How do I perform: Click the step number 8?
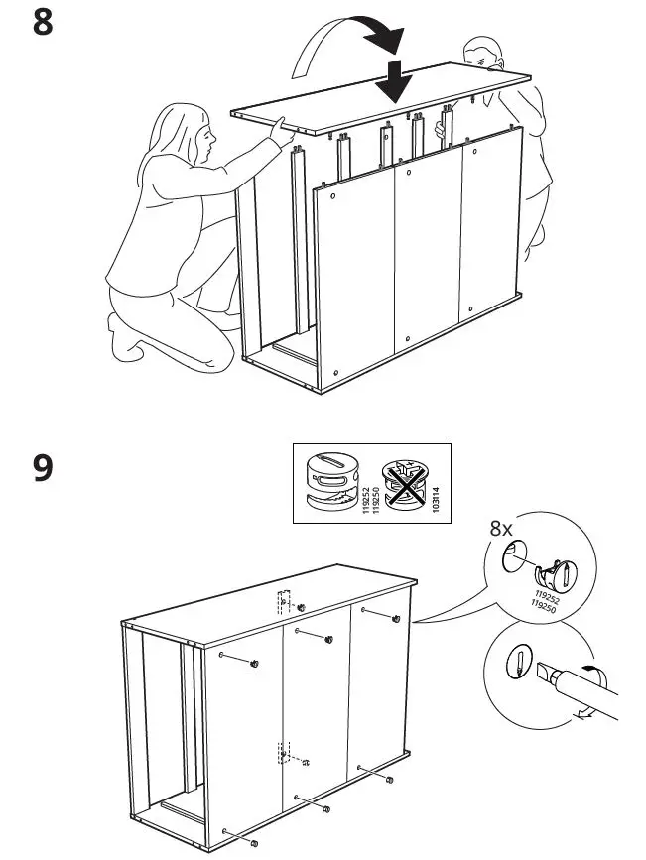coord(43,22)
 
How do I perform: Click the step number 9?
coord(43,467)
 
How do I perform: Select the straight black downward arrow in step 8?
coord(395,80)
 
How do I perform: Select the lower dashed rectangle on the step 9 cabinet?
coord(286,755)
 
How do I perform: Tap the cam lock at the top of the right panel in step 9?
coord(396,618)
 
